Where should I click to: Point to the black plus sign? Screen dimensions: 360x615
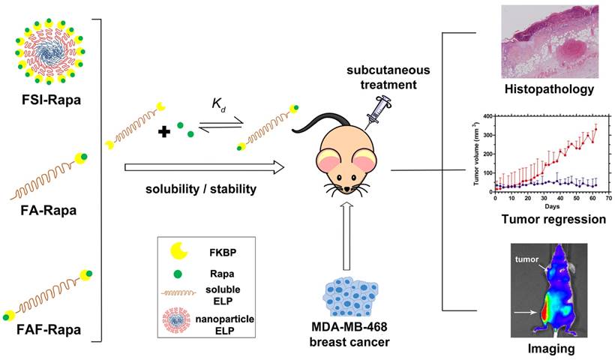(164, 131)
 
